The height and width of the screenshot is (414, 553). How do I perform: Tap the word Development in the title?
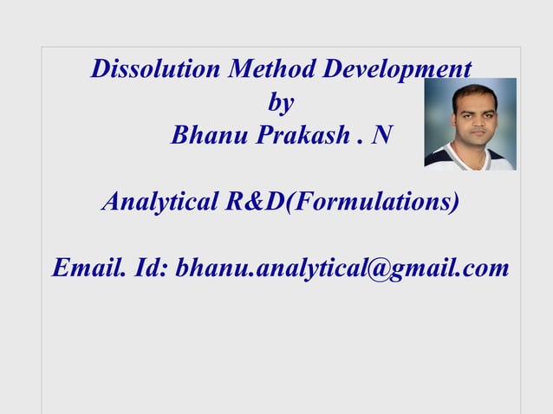point(396,69)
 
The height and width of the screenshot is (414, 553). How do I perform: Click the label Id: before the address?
point(151,269)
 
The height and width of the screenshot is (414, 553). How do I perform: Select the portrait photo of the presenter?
point(470,124)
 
